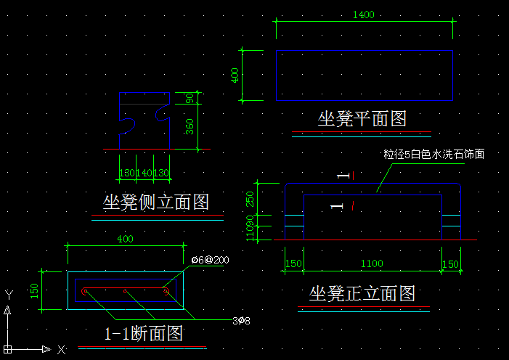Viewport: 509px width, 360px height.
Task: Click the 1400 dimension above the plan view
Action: point(363,15)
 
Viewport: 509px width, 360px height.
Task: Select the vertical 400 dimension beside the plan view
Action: point(235,75)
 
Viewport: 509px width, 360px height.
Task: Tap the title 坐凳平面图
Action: point(361,118)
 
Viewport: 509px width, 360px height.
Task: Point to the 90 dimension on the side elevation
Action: point(190,99)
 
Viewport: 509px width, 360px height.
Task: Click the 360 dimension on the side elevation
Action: point(190,126)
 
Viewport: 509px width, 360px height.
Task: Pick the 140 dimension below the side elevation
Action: point(144,173)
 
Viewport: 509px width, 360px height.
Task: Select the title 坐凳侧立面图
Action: point(156,201)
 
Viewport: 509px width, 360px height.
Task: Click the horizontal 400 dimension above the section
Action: point(125,239)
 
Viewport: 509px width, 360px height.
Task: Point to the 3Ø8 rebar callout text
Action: point(241,320)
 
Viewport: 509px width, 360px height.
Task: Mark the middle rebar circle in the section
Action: point(125,292)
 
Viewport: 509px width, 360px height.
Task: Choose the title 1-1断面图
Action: point(144,334)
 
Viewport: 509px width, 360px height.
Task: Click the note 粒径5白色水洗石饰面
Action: point(433,154)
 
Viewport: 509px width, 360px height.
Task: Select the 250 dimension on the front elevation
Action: point(251,198)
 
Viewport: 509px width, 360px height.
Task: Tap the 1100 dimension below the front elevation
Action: point(372,264)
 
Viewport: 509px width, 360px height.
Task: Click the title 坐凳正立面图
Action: point(362,293)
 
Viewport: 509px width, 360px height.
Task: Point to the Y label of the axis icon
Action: point(8,294)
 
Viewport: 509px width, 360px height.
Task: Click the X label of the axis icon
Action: point(61,350)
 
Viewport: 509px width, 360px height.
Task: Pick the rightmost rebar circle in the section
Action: point(166,292)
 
